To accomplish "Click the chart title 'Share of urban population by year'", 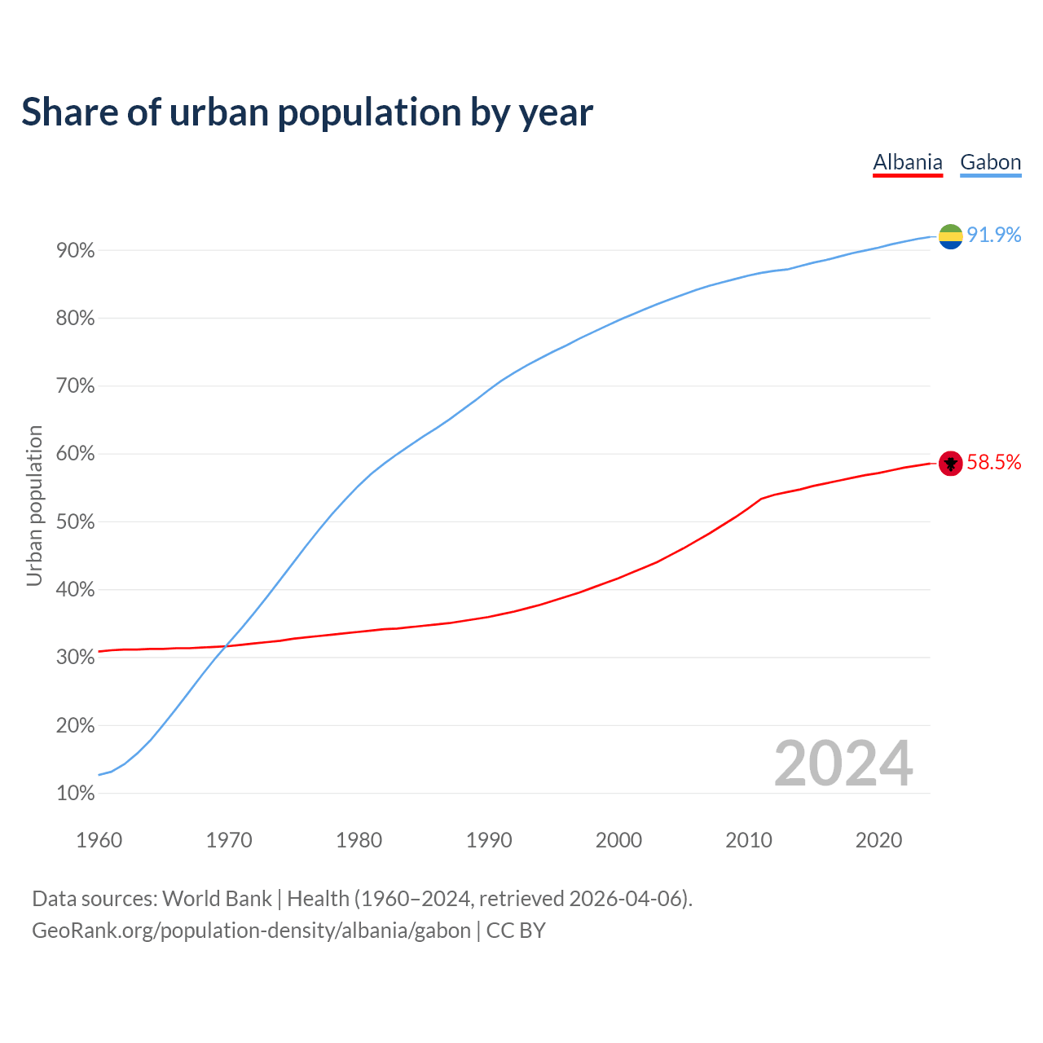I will pos(307,112).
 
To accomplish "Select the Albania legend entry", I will pos(907,162).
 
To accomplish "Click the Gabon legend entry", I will pos(990,162).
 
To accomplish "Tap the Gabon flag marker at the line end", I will pos(950,236).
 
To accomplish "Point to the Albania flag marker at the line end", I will pos(950,463).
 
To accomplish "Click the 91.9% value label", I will pos(993,235).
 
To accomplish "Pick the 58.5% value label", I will pos(993,462).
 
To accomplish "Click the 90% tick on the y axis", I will pos(76,251).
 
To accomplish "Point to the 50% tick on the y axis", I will pos(76,522).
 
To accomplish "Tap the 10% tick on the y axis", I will pos(76,794).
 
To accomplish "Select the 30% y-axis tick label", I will pos(76,658).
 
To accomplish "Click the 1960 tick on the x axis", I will pos(99,840).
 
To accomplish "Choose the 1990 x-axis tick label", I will pos(489,840).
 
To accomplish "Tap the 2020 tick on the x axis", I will pos(878,840).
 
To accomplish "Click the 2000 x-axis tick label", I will pos(618,840).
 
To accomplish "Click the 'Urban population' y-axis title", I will pos(34,505).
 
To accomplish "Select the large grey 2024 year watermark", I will pos(843,764).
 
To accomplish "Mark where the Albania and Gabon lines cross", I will pos(226,647).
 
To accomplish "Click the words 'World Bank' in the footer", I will pos(217,899).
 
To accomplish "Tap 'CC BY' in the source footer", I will pos(516,931).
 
